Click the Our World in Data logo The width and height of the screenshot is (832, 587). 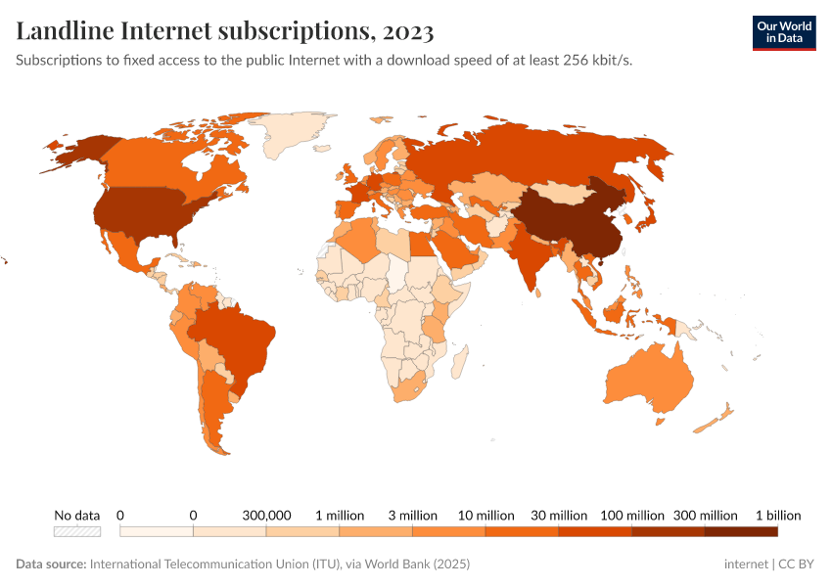pyautogui.click(x=783, y=31)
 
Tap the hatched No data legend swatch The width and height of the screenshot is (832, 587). pyautogui.click(x=77, y=531)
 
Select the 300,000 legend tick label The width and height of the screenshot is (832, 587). pyautogui.click(x=266, y=515)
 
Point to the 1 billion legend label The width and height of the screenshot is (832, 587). pyautogui.click(x=777, y=515)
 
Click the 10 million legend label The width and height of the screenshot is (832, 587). pyautogui.click(x=485, y=515)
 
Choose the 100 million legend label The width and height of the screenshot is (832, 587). pyautogui.click(x=631, y=515)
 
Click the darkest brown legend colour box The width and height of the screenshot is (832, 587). pyautogui.click(x=741, y=531)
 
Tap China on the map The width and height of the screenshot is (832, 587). pyautogui.click(x=563, y=220)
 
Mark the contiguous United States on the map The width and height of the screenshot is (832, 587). pyautogui.click(x=137, y=210)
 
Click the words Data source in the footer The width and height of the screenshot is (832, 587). pyautogui.click(x=51, y=564)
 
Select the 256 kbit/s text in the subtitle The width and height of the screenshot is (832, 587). pyautogui.click(x=606, y=60)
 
